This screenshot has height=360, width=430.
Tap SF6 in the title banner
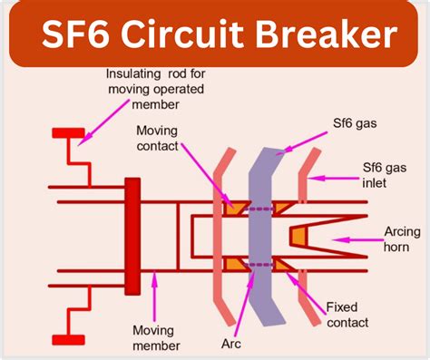click(79, 36)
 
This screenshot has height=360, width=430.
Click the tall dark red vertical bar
click(132, 236)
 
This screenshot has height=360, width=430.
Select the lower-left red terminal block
click(67, 340)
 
